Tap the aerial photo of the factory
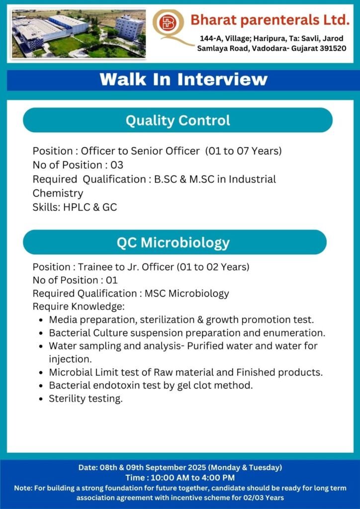pyautogui.click(x=79, y=33)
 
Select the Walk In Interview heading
pyautogui.click(x=184, y=80)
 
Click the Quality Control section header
pyautogui.click(x=178, y=120)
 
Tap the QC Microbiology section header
pyautogui.click(x=175, y=242)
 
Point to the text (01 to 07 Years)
pyautogui.click(x=243, y=151)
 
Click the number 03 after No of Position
pyautogui.click(x=117, y=165)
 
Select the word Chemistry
pyautogui.click(x=58, y=193)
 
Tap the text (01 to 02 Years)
pyautogui.click(x=213, y=267)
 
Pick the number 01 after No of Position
pyautogui.click(x=112, y=280)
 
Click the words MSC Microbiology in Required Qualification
pyautogui.click(x=186, y=293)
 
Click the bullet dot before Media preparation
pyautogui.click(x=41, y=320)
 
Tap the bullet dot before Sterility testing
pyautogui.click(x=41, y=399)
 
